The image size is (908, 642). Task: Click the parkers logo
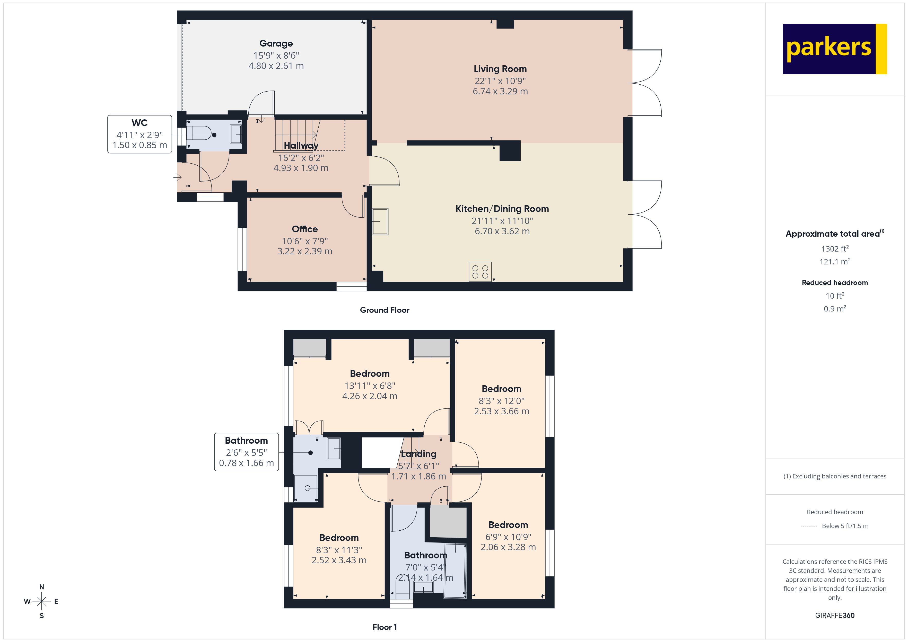(834, 49)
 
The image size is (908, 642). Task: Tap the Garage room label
(276, 43)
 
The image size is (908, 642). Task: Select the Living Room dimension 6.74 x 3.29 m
(500, 91)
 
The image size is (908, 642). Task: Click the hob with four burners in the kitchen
(480, 272)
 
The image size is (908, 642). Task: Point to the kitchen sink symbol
(380, 221)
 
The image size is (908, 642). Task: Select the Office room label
(304, 229)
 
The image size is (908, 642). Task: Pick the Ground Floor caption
(385, 310)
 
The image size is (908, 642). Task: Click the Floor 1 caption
(385, 627)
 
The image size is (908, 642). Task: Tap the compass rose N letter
(41, 587)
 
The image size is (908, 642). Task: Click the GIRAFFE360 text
(834, 616)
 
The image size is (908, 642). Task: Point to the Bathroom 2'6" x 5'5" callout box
(246, 452)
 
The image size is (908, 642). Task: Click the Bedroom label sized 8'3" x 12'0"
(501, 389)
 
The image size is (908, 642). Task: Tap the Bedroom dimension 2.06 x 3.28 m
(508, 547)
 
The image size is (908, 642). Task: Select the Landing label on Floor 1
(418, 454)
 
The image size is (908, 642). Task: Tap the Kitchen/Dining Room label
(502, 209)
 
